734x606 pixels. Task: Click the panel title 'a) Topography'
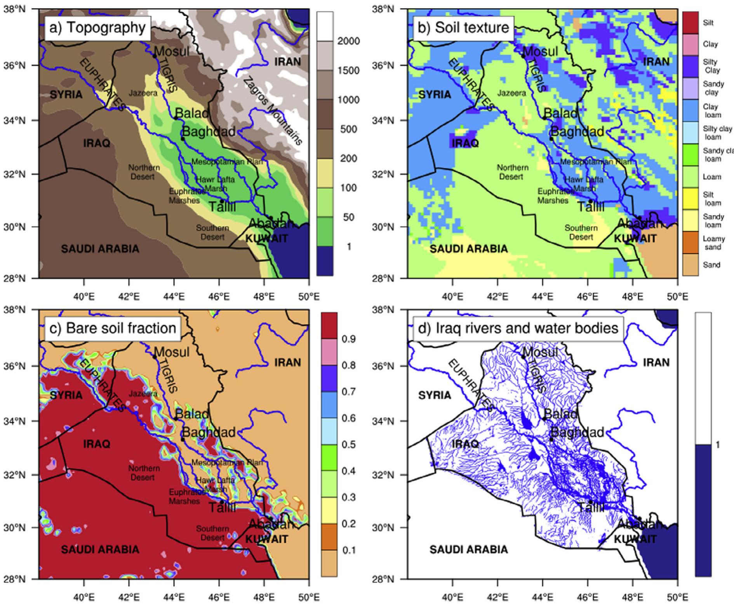point(97,28)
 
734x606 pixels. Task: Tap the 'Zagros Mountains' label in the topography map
point(272,111)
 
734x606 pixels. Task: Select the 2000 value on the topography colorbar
point(348,41)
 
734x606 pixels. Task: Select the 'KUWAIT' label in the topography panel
point(267,238)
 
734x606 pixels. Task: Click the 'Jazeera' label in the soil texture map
point(511,93)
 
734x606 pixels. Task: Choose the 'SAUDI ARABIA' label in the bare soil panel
point(100,549)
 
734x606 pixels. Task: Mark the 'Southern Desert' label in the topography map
point(212,232)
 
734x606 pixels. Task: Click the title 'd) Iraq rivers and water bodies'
point(518,328)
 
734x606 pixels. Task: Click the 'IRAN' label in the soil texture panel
point(656,62)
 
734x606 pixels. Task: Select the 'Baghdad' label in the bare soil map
point(209,432)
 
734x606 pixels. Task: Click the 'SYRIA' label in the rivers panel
point(435,395)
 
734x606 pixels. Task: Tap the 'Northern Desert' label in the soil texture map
point(512,172)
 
